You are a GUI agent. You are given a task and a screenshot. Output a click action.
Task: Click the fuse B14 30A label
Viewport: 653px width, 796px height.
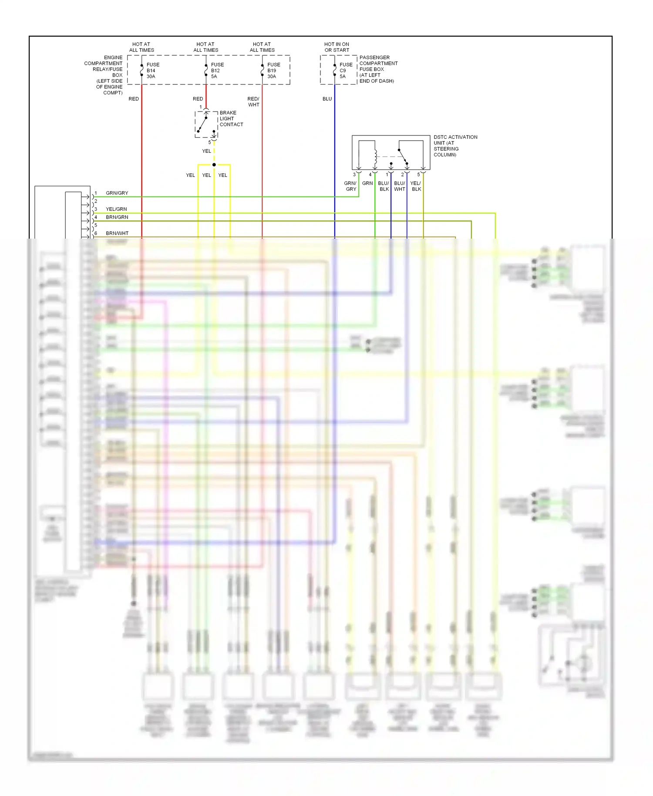pyautogui.click(x=152, y=71)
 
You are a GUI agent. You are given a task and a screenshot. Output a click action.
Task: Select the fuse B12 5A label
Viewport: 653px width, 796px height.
pyautogui.click(x=217, y=71)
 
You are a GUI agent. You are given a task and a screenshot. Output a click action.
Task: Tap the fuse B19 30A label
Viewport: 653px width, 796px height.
pyautogui.click(x=273, y=71)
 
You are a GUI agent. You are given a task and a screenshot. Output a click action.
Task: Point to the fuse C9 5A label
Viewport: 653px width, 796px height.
pyautogui.click(x=346, y=71)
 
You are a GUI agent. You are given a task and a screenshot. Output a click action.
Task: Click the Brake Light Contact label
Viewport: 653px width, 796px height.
pyautogui.click(x=231, y=118)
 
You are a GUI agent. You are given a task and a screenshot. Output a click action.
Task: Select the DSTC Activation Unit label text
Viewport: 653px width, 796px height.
pyautogui.click(x=455, y=146)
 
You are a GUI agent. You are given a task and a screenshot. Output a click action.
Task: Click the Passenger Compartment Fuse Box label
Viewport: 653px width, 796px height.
pyautogui.click(x=378, y=69)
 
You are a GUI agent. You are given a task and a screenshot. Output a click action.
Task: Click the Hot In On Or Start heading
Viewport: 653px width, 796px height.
pyautogui.click(x=337, y=47)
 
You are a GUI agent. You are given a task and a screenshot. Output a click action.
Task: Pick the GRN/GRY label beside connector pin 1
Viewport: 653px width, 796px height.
pyautogui.click(x=117, y=193)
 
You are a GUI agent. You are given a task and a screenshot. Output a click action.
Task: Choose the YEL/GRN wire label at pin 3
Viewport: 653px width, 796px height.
pyautogui.click(x=116, y=209)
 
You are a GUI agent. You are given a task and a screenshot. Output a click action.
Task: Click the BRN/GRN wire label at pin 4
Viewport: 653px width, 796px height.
pyautogui.click(x=117, y=217)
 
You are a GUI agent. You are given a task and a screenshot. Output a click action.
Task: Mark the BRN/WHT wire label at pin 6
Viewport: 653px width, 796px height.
pyautogui.click(x=117, y=233)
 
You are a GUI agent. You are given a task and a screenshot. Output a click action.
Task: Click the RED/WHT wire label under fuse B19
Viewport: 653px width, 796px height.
pyautogui.click(x=253, y=102)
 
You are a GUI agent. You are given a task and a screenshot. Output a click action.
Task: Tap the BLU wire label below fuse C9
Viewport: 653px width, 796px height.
pyautogui.click(x=327, y=99)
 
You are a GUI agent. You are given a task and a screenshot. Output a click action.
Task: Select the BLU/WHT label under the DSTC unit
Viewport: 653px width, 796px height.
pyautogui.click(x=399, y=186)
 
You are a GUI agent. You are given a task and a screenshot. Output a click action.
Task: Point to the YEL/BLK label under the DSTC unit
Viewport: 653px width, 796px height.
pyautogui.click(x=416, y=186)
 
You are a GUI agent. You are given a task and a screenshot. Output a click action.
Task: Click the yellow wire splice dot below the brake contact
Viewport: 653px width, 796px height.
pyautogui.click(x=214, y=165)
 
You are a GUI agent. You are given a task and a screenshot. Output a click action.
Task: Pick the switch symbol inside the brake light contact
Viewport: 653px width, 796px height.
pyautogui.click(x=203, y=124)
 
